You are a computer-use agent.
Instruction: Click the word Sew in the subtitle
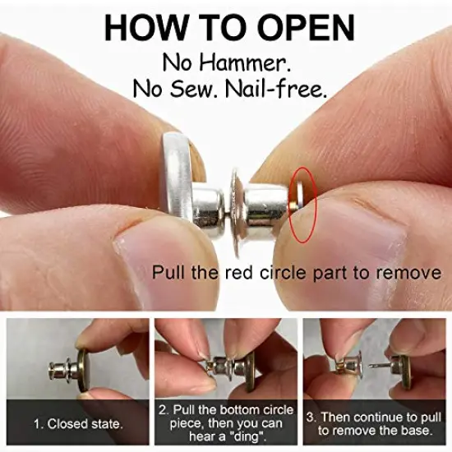(207, 89)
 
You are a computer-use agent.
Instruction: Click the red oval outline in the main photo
(302, 205)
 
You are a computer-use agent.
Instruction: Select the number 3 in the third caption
(312, 417)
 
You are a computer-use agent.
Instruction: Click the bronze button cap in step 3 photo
(405, 362)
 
